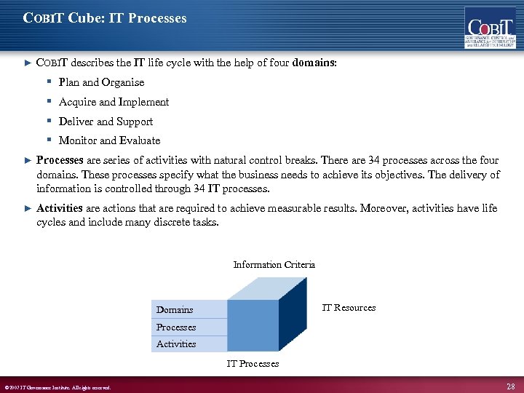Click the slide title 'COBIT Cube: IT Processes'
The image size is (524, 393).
pos(105,17)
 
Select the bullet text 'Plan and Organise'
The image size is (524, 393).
pos(101,82)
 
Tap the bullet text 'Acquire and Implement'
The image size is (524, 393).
pos(114,102)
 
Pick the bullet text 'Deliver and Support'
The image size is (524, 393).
pos(106,122)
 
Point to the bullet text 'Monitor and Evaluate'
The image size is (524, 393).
pos(109,140)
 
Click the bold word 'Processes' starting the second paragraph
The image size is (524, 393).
pos(60,160)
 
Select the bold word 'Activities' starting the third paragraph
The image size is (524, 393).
pos(60,208)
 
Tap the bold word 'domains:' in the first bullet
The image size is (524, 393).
pos(314,63)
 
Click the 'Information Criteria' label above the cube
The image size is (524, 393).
pos(274,265)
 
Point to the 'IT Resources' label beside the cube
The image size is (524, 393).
pos(349,308)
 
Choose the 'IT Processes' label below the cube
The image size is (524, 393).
pos(253,363)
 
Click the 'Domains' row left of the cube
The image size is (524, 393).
pos(188,310)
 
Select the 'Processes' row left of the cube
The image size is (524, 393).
pos(188,327)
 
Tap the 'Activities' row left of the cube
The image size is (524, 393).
pos(188,344)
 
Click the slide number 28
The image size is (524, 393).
pos(511,385)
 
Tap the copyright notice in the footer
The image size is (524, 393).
pos(57,387)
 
